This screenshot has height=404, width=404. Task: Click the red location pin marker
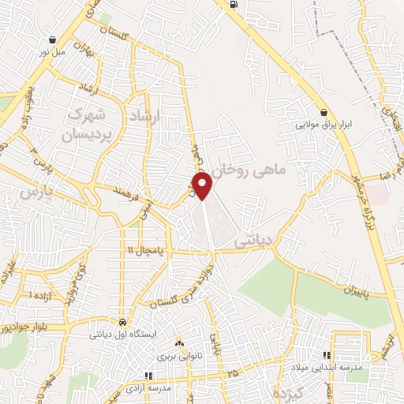coord(204,185)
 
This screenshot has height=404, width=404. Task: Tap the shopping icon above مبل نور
coord(52,40)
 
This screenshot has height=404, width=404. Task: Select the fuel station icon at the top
coord(234,5)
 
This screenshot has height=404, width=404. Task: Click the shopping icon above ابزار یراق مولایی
coord(324,112)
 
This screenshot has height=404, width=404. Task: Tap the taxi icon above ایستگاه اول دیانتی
coord(123,322)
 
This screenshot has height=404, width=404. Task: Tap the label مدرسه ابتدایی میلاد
coord(331,368)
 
